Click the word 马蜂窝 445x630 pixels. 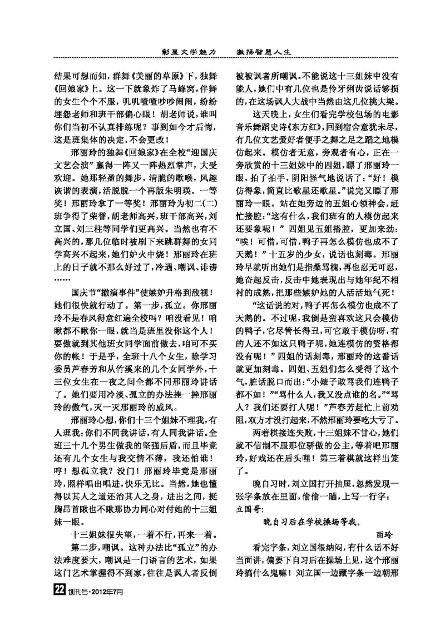(x=165, y=90)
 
